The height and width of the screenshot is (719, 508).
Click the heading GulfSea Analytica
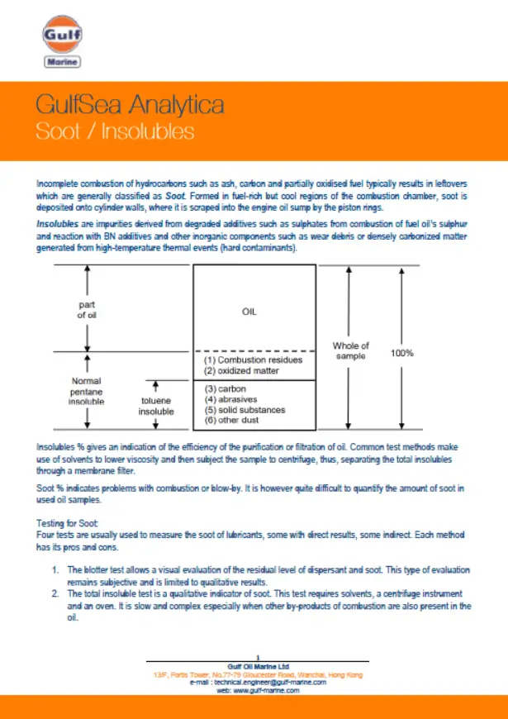[130, 105]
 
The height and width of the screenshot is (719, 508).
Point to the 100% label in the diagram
[401, 353]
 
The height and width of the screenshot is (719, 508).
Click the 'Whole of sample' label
[350, 350]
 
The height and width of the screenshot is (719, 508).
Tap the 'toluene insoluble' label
[155, 405]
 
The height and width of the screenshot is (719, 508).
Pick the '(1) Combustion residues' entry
[254, 359]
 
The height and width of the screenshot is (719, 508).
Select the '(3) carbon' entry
[226, 388]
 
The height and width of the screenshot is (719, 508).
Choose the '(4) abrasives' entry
[231, 399]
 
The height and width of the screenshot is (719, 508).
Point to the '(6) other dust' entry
[235, 421]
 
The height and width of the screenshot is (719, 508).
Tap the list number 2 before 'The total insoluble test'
[55, 594]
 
